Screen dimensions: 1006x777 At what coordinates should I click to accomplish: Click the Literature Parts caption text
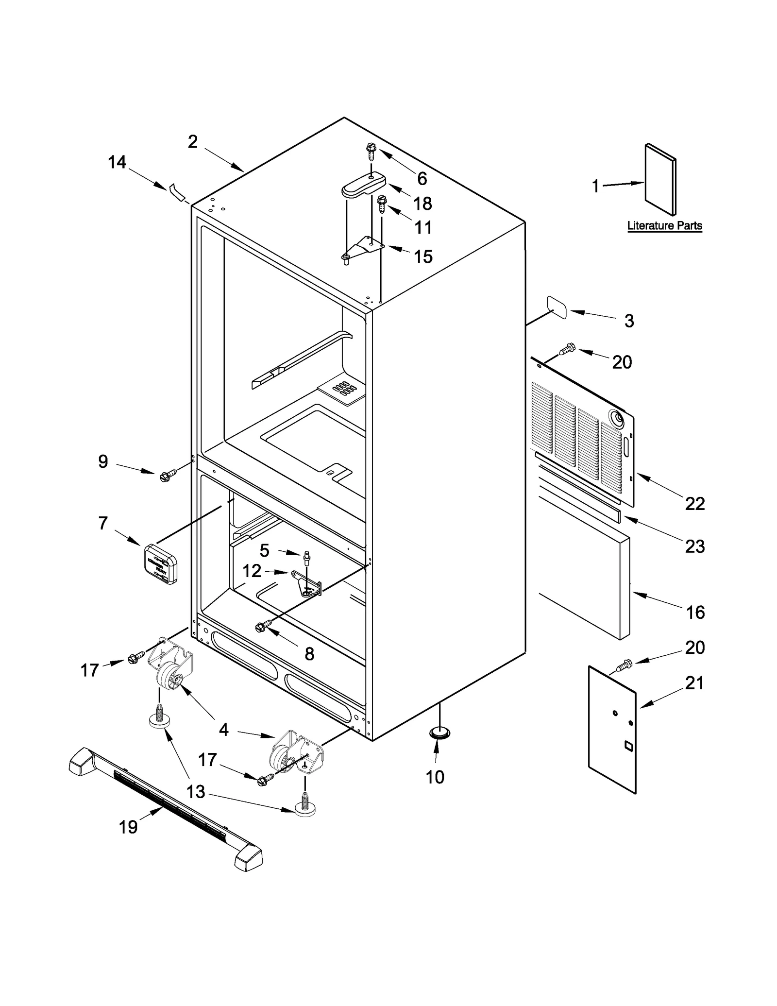point(664,225)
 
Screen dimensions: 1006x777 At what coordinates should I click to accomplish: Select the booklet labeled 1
point(660,180)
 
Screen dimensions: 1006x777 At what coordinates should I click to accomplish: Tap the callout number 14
point(117,162)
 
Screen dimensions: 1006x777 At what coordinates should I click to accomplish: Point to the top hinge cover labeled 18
point(363,187)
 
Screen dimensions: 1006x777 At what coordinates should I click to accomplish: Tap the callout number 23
point(694,546)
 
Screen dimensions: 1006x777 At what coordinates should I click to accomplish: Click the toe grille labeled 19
point(165,809)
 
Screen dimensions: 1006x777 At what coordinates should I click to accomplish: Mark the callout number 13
point(196,792)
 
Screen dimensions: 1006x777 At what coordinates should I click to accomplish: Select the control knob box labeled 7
point(161,563)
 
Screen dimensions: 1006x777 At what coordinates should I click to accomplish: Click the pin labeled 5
point(307,557)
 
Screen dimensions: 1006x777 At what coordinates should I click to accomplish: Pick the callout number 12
point(252,571)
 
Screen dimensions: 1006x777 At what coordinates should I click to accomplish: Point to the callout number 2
point(193,142)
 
